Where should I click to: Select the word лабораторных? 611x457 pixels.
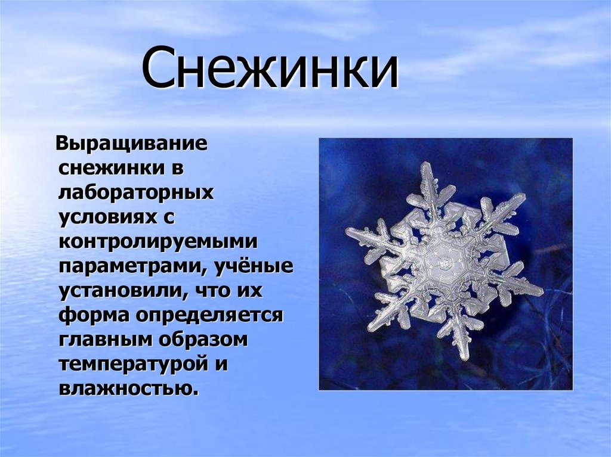(136, 193)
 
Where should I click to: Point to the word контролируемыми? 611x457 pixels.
(158, 242)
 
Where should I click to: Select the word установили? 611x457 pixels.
(121, 291)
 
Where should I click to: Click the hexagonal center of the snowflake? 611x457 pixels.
(443, 264)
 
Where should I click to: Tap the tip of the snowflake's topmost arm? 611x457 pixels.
(425, 163)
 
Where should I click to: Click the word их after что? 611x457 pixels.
(250, 291)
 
